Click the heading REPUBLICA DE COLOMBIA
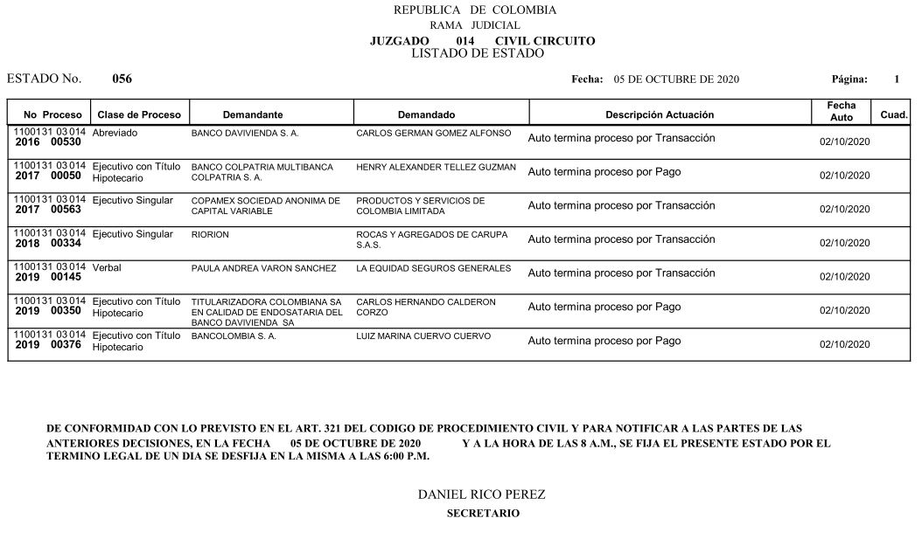[474, 10]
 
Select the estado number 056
[122, 79]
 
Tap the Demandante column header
[252, 114]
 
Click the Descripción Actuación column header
[660, 114]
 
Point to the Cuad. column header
[893, 114]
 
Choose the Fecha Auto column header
[841, 111]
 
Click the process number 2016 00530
[48, 141]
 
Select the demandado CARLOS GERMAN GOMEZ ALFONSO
[433, 134]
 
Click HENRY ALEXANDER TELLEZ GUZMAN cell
[436, 167]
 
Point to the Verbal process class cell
[107, 267]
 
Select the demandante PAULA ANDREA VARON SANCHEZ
[263, 268]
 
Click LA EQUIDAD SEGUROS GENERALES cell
[433, 268]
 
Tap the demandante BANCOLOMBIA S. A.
[234, 335]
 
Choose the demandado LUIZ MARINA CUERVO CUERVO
[423, 335]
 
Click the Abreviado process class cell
[115, 133]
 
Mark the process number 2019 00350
[48, 310]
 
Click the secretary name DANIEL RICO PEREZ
[481, 494]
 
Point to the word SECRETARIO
[482, 513]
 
